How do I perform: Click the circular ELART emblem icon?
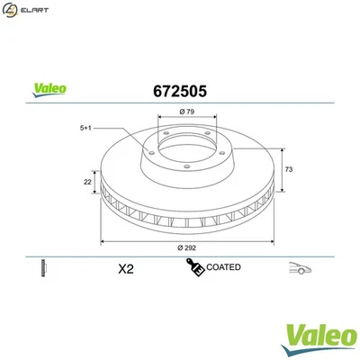(x=12, y=12)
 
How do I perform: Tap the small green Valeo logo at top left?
(x=49, y=89)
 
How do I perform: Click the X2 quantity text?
(x=126, y=269)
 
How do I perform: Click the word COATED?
(x=222, y=268)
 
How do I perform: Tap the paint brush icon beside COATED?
(x=193, y=267)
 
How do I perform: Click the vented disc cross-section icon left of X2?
(x=42, y=268)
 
